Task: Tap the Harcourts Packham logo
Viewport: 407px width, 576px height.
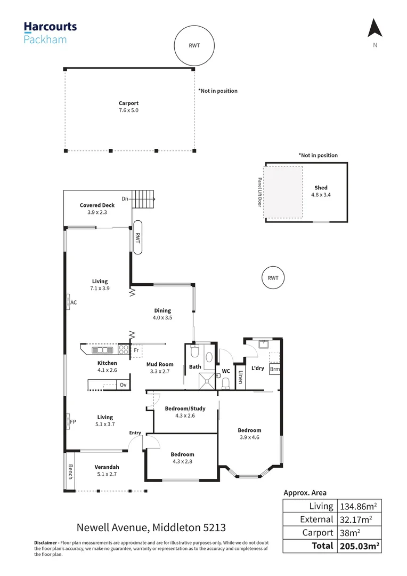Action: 50,32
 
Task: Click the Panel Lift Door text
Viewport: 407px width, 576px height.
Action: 260,192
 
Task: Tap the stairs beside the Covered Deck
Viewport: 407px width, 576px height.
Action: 143,201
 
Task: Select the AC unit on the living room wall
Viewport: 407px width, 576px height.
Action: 71,302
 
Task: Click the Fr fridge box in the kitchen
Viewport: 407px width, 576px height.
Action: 136,350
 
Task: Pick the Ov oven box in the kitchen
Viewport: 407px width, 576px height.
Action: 123,385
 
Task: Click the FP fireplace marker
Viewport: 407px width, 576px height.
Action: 71,421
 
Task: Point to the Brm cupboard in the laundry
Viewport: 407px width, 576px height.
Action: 274,369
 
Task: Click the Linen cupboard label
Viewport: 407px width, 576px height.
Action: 241,377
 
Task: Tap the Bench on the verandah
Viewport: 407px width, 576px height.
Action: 69,472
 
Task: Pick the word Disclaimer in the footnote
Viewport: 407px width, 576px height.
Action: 45,542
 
